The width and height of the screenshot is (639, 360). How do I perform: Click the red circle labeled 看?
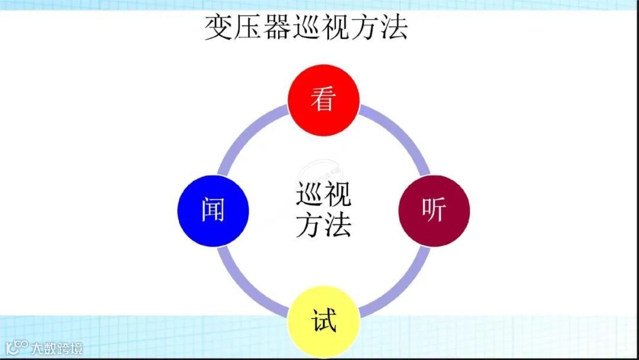(x=323, y=99)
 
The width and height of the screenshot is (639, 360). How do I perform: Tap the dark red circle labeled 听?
(x=434, y=210)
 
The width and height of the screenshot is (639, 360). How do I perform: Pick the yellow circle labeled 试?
(x=323, y=322)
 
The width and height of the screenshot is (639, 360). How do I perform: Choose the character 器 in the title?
(x=277, y=27)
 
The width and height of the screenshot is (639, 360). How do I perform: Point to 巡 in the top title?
(x=306, y=27)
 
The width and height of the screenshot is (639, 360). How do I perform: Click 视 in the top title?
(x=335, y=27)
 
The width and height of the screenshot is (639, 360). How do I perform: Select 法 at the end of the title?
(x=393, y=27)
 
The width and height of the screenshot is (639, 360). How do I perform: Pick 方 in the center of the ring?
(x=309, y=225)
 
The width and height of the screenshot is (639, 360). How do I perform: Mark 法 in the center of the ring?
(x=338, y=225)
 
